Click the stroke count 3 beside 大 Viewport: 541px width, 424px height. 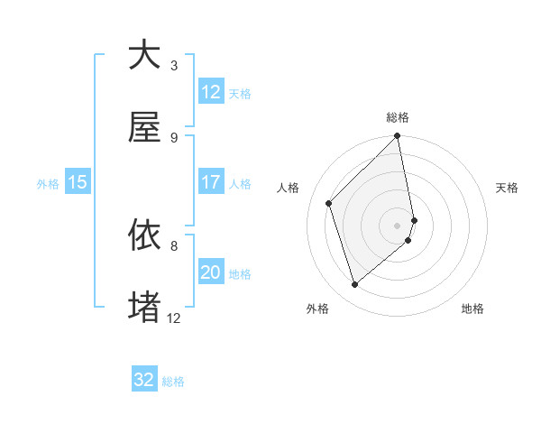click(174, 65)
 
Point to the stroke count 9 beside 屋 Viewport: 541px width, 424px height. click(174, 138)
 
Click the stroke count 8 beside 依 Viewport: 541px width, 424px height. click(174, 245)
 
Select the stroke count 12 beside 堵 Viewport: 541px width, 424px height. click(174, 318)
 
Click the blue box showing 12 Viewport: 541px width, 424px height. click(211, 92)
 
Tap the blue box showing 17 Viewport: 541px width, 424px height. click(211, 182)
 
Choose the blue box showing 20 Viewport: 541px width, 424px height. click(211, 272)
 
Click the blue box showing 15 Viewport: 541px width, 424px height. click(78, 182)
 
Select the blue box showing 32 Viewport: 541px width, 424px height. click(144, 380)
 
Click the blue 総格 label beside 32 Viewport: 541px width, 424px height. click(174, 382)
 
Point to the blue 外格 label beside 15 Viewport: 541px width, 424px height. click(48, 184)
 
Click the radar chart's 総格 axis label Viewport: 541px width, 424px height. click(398, 118)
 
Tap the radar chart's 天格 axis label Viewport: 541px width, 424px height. click(508, 188)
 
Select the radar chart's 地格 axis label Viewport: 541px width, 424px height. click(472, 309)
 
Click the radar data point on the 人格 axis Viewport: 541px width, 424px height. click(329, 203)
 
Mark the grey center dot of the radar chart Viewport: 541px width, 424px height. click(398, 224)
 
